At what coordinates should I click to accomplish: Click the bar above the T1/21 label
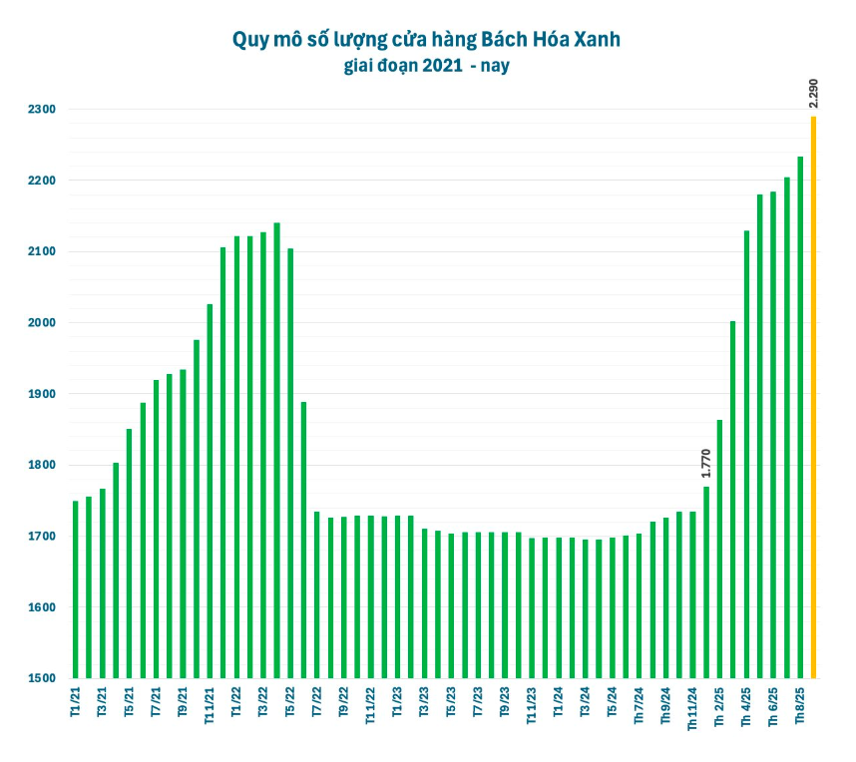[x=76, y=589]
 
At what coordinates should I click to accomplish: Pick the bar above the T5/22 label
[x=290, y=463]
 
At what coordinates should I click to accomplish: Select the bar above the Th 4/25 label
[x=746, y=454]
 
